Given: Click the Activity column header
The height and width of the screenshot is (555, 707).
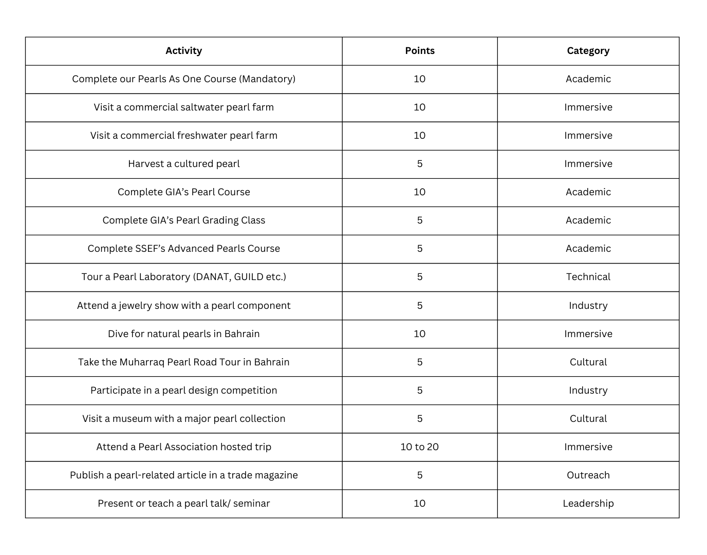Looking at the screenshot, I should pos(183,51).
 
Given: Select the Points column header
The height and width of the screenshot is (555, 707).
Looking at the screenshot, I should pos(419,51).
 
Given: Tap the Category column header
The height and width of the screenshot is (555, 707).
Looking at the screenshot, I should pos(588,51).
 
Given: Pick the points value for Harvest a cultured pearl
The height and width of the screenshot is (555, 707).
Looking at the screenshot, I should pos(419,164).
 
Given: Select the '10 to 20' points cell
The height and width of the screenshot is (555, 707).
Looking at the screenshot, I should pos(419,447).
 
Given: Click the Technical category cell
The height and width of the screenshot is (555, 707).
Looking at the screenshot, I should pos(588,277).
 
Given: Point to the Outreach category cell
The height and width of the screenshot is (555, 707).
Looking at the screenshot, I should pos(588,475).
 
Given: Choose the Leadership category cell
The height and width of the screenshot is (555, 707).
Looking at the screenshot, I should pos(588,504).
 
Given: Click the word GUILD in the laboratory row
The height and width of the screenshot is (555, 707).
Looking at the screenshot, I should pos(249,277).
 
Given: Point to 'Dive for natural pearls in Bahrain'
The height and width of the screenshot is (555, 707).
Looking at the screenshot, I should pos(183,334).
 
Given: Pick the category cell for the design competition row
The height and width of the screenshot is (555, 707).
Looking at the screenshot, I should pos(588,391).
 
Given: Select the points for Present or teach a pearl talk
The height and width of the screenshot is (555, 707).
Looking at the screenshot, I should pos(419,504).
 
